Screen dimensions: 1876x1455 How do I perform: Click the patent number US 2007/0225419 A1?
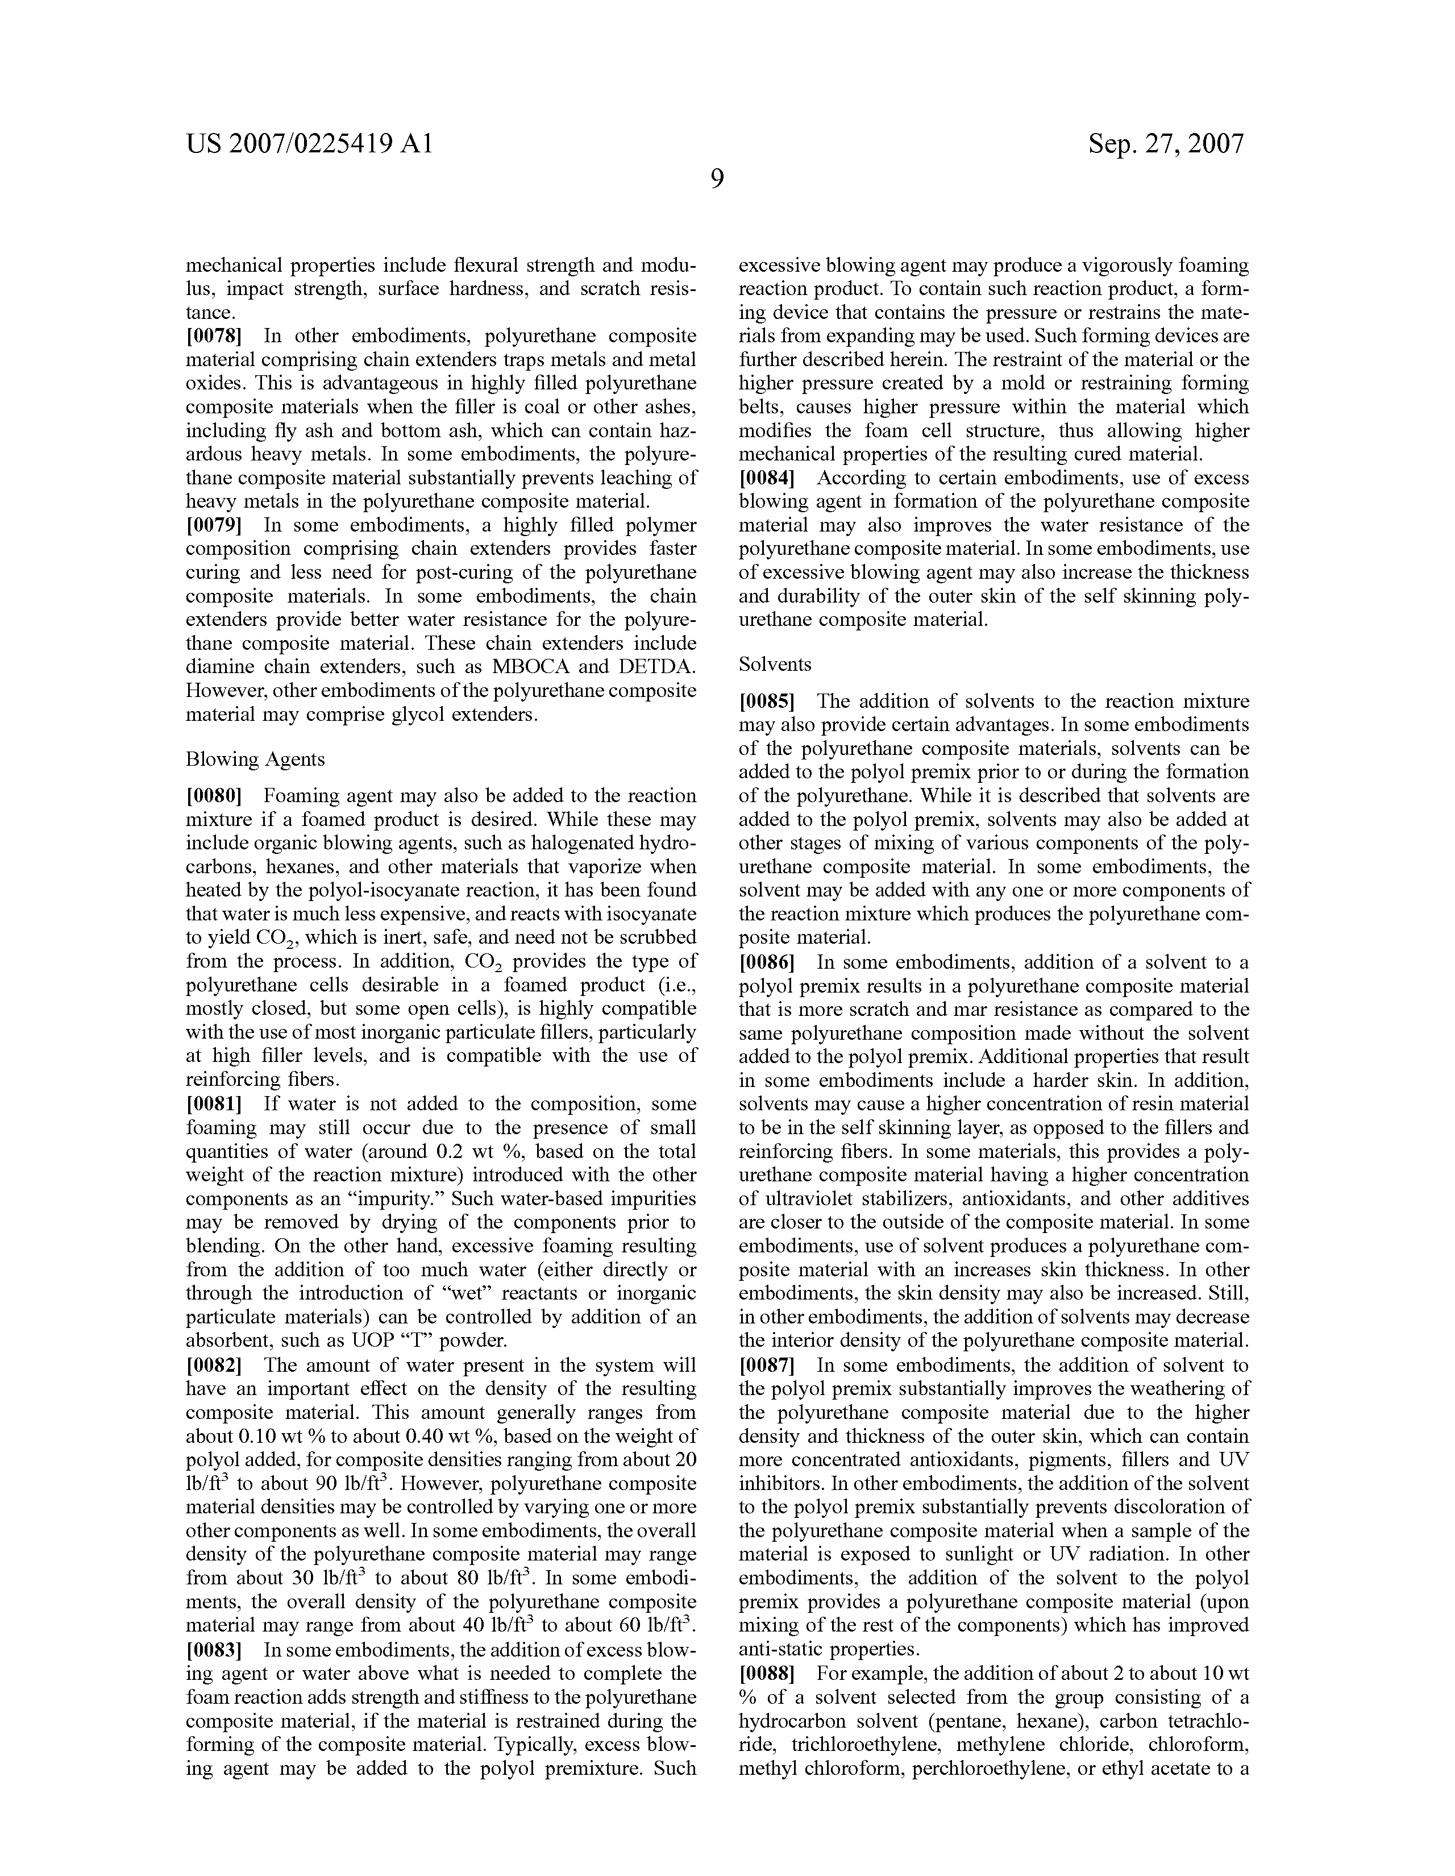[x=309, y=143]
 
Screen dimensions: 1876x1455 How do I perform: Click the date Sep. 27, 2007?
[x=1166, y=143]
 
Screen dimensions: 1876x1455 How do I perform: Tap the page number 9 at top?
[x=717, y=180]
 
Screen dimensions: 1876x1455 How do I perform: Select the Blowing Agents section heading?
[x=255, y=759]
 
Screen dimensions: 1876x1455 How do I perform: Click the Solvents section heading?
[x=775, y=664]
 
